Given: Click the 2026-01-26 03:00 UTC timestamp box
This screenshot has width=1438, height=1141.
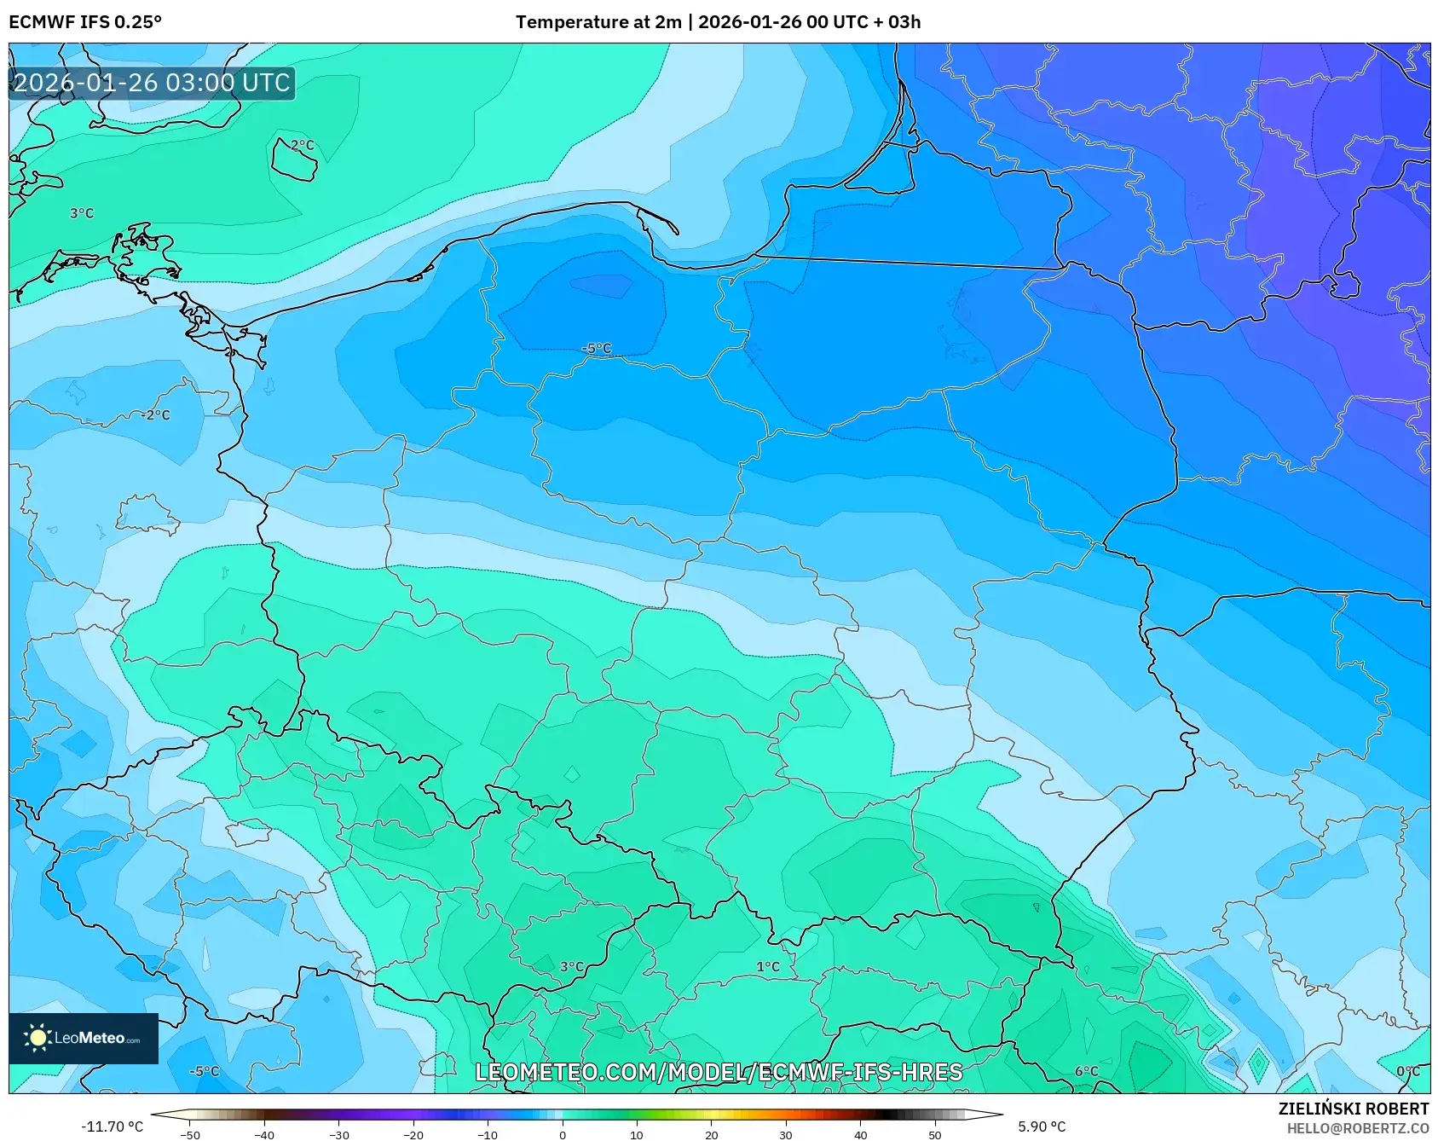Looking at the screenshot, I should point(152,83).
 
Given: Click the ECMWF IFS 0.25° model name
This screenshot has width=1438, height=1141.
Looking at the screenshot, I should point(85,22).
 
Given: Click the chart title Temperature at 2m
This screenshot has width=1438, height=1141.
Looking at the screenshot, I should point(597,22).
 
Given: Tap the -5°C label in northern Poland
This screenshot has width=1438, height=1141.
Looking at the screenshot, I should point(597,349).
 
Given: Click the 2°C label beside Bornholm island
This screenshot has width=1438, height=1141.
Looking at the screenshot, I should point(303,146).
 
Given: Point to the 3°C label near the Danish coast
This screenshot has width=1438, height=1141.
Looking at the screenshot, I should point(82,213).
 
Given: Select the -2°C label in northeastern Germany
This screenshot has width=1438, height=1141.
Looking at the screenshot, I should point(155,415).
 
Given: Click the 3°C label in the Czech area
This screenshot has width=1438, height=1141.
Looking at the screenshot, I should point(572,967).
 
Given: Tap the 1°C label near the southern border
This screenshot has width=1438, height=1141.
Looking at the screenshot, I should point(768,967).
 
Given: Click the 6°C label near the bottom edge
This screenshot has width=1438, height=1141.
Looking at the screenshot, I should point(1086,1072).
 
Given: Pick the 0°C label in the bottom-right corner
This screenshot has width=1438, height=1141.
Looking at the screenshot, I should point(1407,1072).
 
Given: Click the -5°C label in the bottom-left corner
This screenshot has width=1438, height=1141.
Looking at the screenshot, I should point(204,1072).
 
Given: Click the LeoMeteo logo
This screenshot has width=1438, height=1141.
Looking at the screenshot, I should point(83,1038).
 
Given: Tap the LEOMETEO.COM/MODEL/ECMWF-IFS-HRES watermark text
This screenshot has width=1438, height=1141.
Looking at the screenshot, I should point(719,1072).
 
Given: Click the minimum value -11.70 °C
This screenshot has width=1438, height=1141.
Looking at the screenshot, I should point(112,1127).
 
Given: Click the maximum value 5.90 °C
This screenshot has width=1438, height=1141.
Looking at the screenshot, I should point(1041,1127).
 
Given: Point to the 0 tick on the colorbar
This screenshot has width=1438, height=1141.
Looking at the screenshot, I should point(562,1134).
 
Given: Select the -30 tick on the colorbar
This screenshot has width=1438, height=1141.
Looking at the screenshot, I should point(339,1134).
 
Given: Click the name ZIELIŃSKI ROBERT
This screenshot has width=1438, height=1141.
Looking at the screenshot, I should point(1353,1109).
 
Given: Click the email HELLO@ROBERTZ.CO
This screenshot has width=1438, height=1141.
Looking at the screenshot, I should point(1357,1128).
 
